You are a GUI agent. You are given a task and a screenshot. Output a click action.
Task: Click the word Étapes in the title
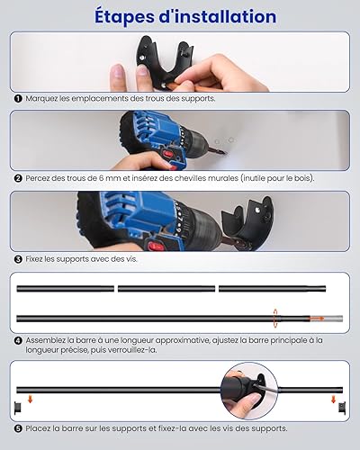tap(124, 16)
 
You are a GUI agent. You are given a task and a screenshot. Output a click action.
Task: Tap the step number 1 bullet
tap(18, 98)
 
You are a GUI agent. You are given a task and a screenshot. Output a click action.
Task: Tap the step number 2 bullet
tap(18, 178)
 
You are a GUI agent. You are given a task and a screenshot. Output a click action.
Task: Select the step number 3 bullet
tap(18, 259)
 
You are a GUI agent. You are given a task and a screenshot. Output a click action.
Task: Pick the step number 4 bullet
tap(18, 340)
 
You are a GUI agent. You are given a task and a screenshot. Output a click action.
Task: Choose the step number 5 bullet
tap(18, 428)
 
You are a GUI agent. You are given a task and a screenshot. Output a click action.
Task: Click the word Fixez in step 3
tap(34, 259)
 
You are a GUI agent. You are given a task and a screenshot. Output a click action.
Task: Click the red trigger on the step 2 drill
tap(168, 155)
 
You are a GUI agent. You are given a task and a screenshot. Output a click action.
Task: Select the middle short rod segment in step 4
tap(166, 289)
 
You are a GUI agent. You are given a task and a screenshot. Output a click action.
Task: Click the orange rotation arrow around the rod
tap(275, 318)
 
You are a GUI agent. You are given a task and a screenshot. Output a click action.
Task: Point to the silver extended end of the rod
tap(333, 319)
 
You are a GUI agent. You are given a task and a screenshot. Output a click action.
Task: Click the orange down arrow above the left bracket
tap(30, 399)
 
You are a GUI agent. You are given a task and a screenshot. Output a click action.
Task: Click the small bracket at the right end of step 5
tap(342, 408)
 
